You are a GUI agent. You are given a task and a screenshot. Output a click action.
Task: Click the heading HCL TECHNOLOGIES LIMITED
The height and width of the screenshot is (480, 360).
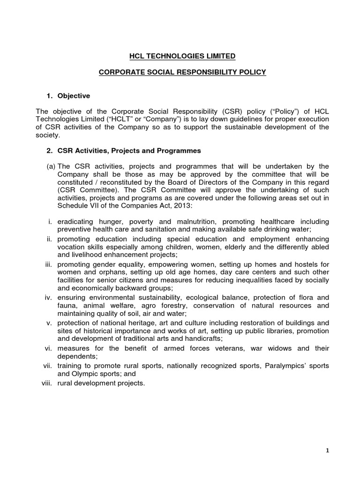click(182, 56)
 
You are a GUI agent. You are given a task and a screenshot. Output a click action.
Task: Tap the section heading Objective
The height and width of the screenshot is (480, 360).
click(73, 96)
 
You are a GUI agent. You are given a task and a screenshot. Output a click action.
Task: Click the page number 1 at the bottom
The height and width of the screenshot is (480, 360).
click(328, 450)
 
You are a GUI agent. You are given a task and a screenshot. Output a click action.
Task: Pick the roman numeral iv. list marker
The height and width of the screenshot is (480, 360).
click(50, 298)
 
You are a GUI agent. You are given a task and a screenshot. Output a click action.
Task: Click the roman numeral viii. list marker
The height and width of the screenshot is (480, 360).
click(46, 383)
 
